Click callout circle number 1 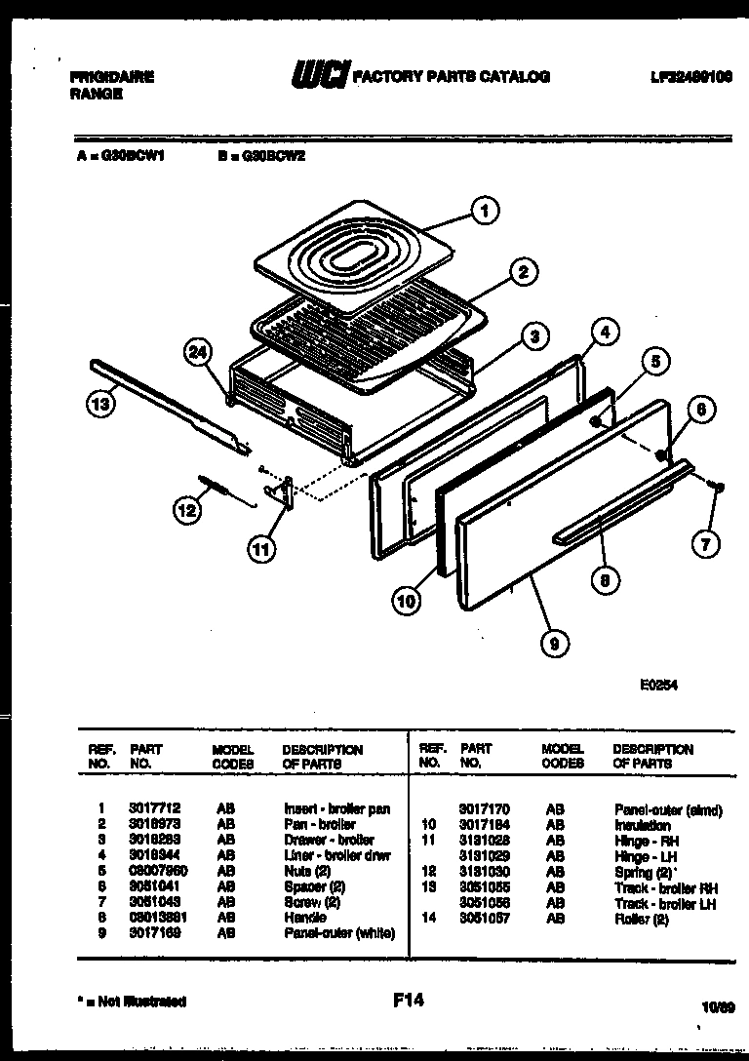tap(485, 209)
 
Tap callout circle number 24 tap(200, 355)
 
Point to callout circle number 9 tap(556, 642)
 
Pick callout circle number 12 tap(188, 507)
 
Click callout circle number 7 tap(705, 543)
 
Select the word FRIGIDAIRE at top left tap(112, 76)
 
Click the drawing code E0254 tap(658, 685)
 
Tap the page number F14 tap(408, 999)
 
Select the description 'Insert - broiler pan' tap(336, 808)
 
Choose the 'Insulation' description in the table tap(642, 825)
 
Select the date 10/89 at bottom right tap(717, 1003)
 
